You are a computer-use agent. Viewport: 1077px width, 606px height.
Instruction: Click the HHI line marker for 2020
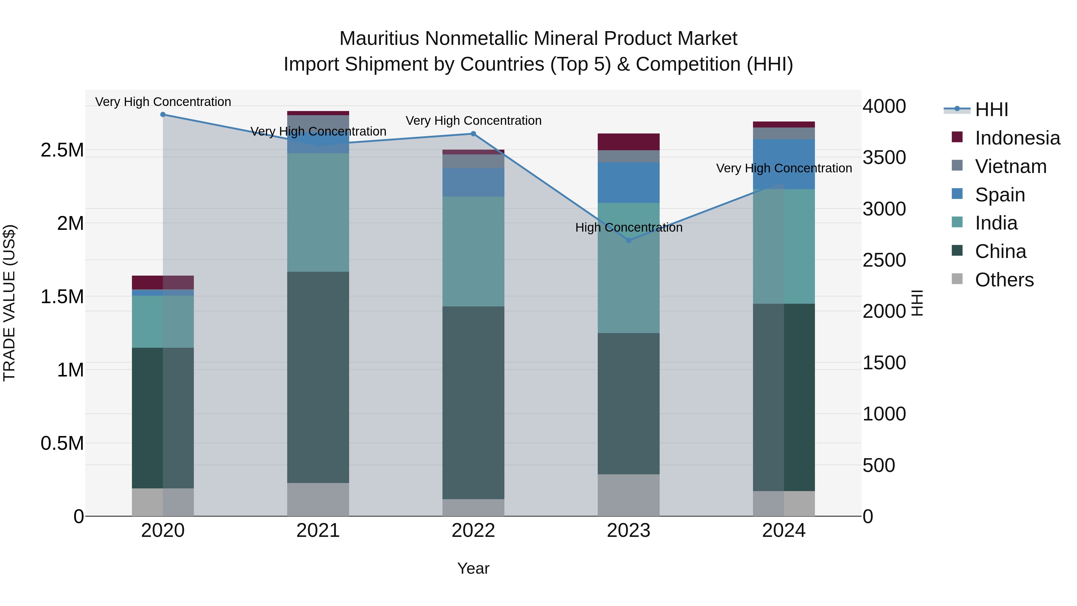[163, 115]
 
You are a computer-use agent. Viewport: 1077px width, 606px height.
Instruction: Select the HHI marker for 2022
[473, 134]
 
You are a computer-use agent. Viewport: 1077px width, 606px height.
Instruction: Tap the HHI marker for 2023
[628, 241]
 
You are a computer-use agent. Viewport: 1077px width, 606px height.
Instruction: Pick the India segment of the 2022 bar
[473, 251]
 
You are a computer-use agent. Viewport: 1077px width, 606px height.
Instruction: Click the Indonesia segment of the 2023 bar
[628, 142]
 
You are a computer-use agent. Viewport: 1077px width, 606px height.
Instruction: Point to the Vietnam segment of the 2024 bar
[784, 133]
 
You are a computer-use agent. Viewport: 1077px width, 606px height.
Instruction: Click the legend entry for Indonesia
[1017, 138]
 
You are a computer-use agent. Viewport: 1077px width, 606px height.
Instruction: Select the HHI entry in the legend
[991, 110]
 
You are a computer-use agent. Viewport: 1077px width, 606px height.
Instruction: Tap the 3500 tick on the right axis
[884, 158]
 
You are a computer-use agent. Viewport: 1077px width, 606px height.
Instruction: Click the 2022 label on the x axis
[473, 531]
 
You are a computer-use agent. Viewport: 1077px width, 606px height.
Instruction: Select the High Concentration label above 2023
[628, 227]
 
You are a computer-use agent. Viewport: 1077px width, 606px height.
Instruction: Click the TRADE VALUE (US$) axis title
[9, 303]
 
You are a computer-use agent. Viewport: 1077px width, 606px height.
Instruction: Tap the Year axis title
[473, 568]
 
